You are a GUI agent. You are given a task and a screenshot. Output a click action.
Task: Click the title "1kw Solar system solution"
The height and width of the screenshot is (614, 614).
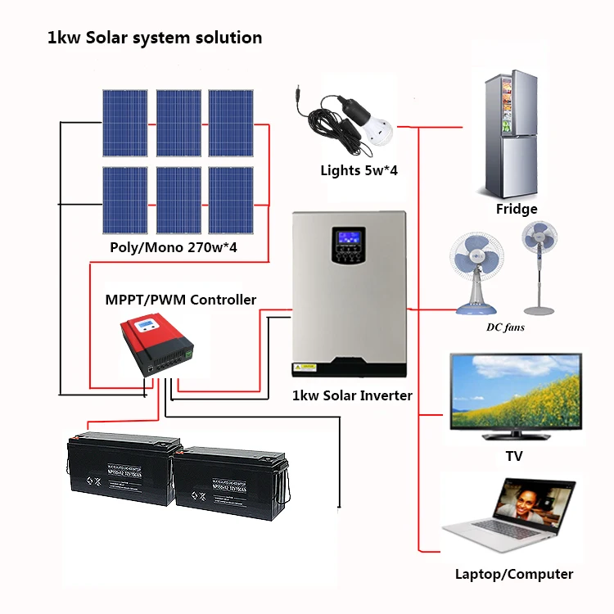[x=155, y=38]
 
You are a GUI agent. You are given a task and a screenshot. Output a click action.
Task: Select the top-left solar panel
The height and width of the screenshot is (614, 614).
[x=125, y=123]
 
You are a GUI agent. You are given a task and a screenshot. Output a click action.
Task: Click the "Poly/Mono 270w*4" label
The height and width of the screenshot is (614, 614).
[x=178, y=246]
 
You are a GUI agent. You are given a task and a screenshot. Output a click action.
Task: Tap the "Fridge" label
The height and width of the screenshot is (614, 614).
[x=517, y=209]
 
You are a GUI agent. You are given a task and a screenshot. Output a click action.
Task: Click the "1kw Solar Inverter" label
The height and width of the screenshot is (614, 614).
[x=352, y=395]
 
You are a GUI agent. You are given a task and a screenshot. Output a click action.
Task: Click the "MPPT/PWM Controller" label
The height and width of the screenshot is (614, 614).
[x=180, y=300]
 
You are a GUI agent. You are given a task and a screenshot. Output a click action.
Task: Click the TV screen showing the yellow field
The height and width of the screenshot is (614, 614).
[x=516, y=392]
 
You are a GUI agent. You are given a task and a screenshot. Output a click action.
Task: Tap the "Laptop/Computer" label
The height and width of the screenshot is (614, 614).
[x=514, y=574]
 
